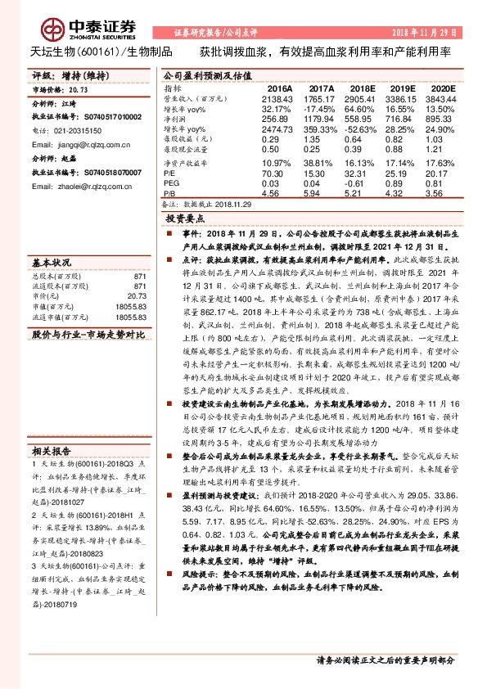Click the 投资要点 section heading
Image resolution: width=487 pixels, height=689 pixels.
(x=185, y=220)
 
